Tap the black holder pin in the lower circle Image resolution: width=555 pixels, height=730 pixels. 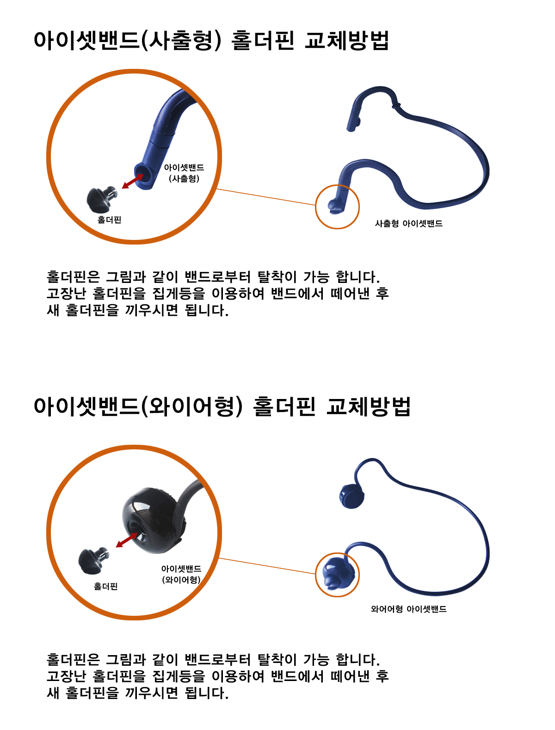[93, 560]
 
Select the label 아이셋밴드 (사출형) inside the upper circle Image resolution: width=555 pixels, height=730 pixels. [184, 173]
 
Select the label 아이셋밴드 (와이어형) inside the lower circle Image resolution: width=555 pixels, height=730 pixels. [181, 574]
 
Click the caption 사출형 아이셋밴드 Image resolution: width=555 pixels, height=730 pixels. [408, 223]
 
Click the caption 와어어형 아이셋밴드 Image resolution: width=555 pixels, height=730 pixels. [408, 609]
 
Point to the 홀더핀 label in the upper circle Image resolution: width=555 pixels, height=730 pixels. [109, 220]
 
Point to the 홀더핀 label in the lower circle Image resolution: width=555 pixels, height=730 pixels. [106, 586]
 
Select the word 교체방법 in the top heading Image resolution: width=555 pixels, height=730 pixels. [346, 41]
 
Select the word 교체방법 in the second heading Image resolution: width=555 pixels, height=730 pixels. [368, 406]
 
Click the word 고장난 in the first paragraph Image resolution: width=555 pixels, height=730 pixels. [66, 293]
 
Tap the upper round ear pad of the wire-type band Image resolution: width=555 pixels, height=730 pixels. [351, 496]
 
